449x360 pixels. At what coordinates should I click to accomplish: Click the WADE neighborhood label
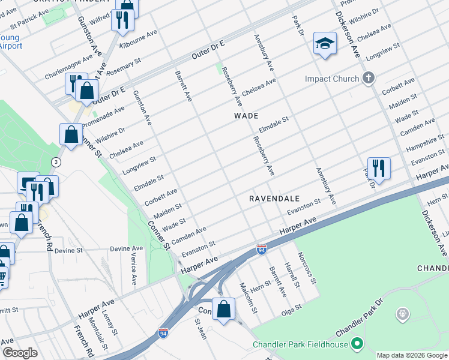tap(246, 116)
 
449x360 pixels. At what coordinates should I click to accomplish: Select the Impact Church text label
tap(332, 79)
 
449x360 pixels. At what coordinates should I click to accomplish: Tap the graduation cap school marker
tap(325, 43)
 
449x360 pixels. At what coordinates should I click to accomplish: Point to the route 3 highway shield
tap(56, 162)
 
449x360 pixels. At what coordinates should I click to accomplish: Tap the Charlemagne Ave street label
tap(69, 69)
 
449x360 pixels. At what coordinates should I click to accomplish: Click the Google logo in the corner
tap(20, 353)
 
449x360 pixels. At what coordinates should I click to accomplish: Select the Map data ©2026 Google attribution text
tap(412, 355)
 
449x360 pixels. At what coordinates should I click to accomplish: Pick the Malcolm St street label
tap(249, 298)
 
